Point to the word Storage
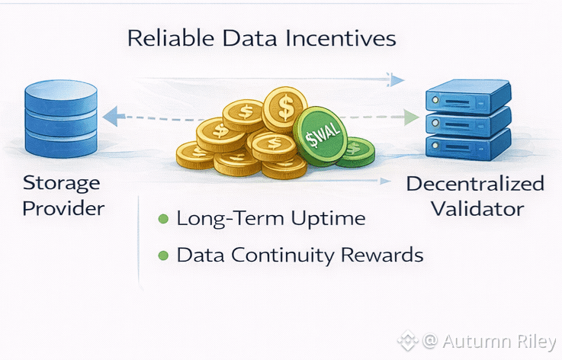pyautogui.click(x=62, y=183)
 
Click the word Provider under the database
pyautogui.click(x=63, y=208)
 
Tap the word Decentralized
pyautogui.click(x=475, y=184)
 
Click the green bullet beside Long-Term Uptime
pyautogui.click(x=162, y=220)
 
